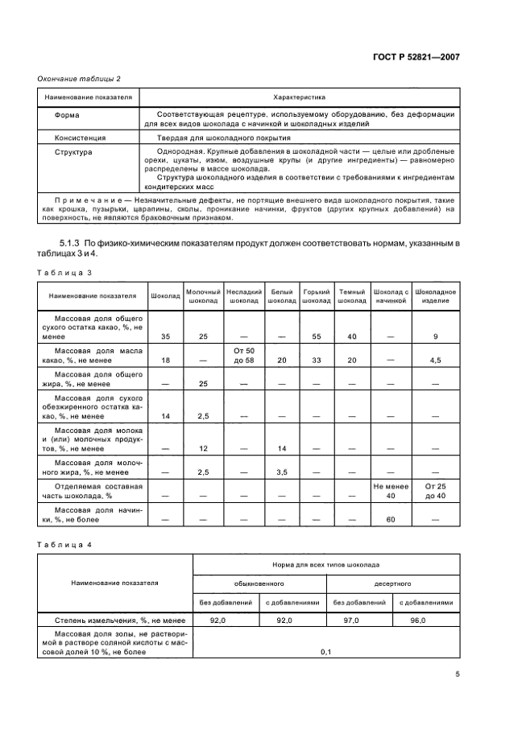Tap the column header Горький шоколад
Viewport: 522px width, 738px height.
pyautogui.click(x=317, y=295)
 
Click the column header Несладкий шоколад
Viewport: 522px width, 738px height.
pyautogui.click(x=244, y=295)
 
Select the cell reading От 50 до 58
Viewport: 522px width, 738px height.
pyautogui.click(x=244, y=357)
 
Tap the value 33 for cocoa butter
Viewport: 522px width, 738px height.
pyautogui.click(x=317, y=361)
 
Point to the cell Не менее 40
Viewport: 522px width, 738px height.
pyautogui.click(x=392, y=492)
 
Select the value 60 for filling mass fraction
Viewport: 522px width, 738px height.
pyautogui.click(x=392, y=520)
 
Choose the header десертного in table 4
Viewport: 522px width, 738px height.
pyautogui.click(x=392, y=581)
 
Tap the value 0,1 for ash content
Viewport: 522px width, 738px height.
pyautogui.click(x=326, y=651)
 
